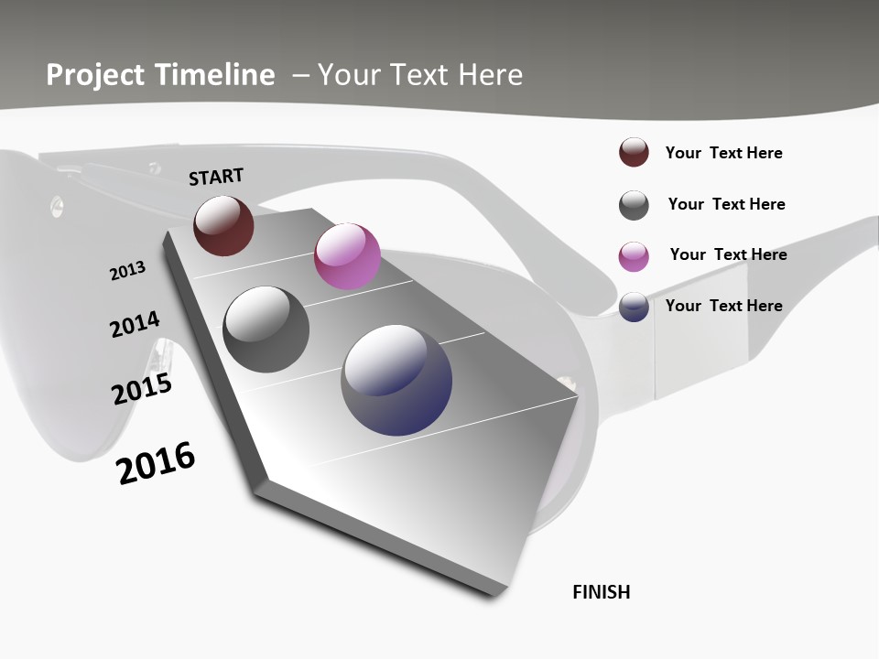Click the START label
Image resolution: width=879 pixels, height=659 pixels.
pos(216,176)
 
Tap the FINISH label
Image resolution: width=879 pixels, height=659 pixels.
pos(602,592)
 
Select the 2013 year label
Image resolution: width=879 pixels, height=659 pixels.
pos(127,271)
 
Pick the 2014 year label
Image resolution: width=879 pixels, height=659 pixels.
pos(135,324)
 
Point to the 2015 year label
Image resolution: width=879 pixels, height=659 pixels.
pos(142,389)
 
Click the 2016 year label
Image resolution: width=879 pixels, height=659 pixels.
pos(156,463)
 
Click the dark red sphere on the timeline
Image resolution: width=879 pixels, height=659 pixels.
pos(223,225)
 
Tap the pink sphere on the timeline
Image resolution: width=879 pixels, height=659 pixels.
pos(347,255)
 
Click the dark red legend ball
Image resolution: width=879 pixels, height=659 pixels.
pos(634,153)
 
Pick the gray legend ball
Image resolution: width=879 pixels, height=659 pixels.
pos(634,205)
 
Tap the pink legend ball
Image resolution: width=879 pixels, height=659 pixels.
pos(634,256)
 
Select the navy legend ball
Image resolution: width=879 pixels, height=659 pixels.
pos(634,307)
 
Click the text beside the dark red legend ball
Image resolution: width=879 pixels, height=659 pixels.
pos(723,153)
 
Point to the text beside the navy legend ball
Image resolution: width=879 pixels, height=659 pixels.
pos(723,306)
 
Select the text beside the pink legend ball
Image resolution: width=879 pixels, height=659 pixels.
pos(728,254)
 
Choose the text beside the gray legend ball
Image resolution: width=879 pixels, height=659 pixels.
pos(726,204)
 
